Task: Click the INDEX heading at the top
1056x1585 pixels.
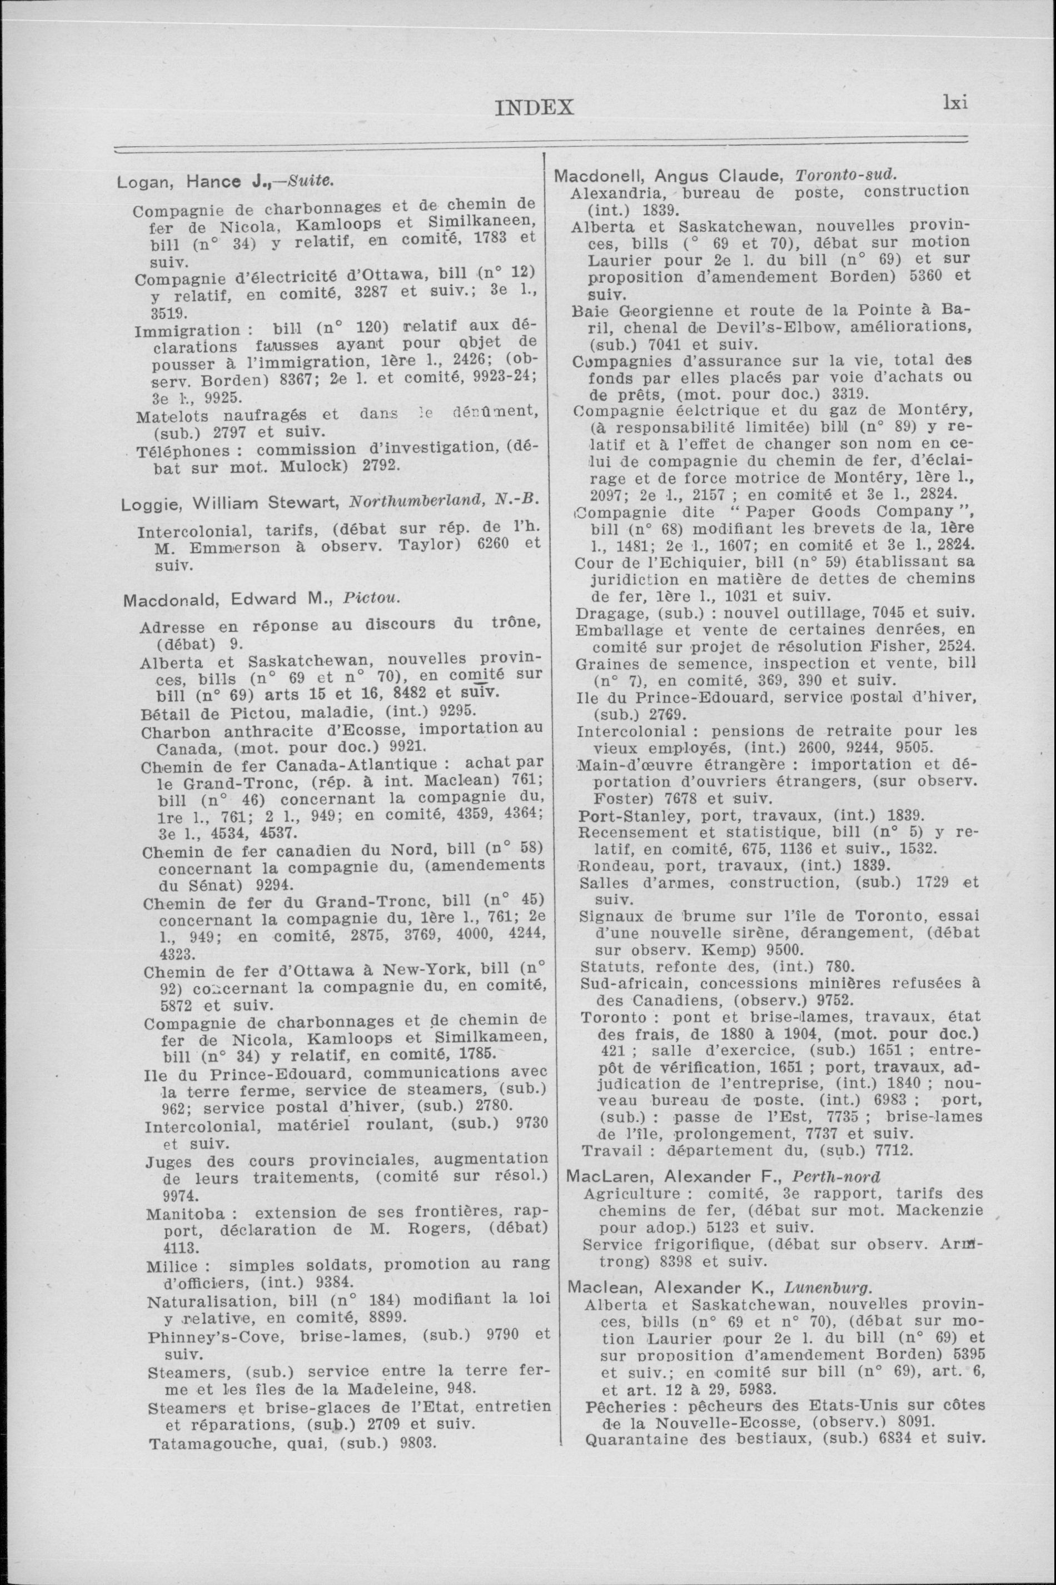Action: click(534, 108)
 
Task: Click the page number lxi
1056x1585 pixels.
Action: click(955, 103)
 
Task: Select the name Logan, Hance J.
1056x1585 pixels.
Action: click(190, 182)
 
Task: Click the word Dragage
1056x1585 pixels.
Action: click(603, 614)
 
